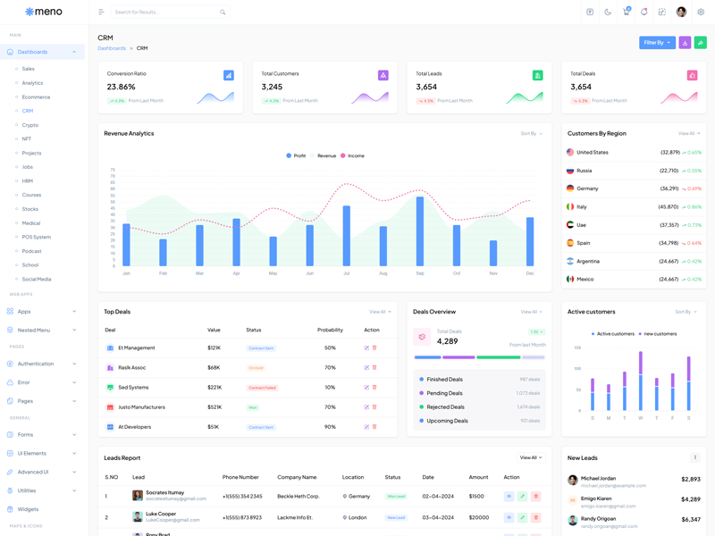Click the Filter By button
tap(657, 42)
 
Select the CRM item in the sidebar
tap(28, 111)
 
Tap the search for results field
tap(165, 13)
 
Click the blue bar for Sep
tap(420, 230)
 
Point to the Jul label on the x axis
tap(346, 273)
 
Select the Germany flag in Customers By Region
tap(570, 188)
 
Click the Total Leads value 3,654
tap(426, 87)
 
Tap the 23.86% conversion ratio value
tap(122, 87)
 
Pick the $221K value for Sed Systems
tap(214, 387)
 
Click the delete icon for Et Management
tap(374, 348)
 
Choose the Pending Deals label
tap(444, 393)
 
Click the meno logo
tap(44, 12)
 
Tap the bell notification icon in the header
tap(643, 13)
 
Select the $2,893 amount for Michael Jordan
tap(690, 480)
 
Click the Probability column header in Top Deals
tap(330, 330)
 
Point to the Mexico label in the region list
tap(585, 279)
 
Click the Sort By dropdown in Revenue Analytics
tap(531, 133)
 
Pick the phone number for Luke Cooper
tap(241, 517)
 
